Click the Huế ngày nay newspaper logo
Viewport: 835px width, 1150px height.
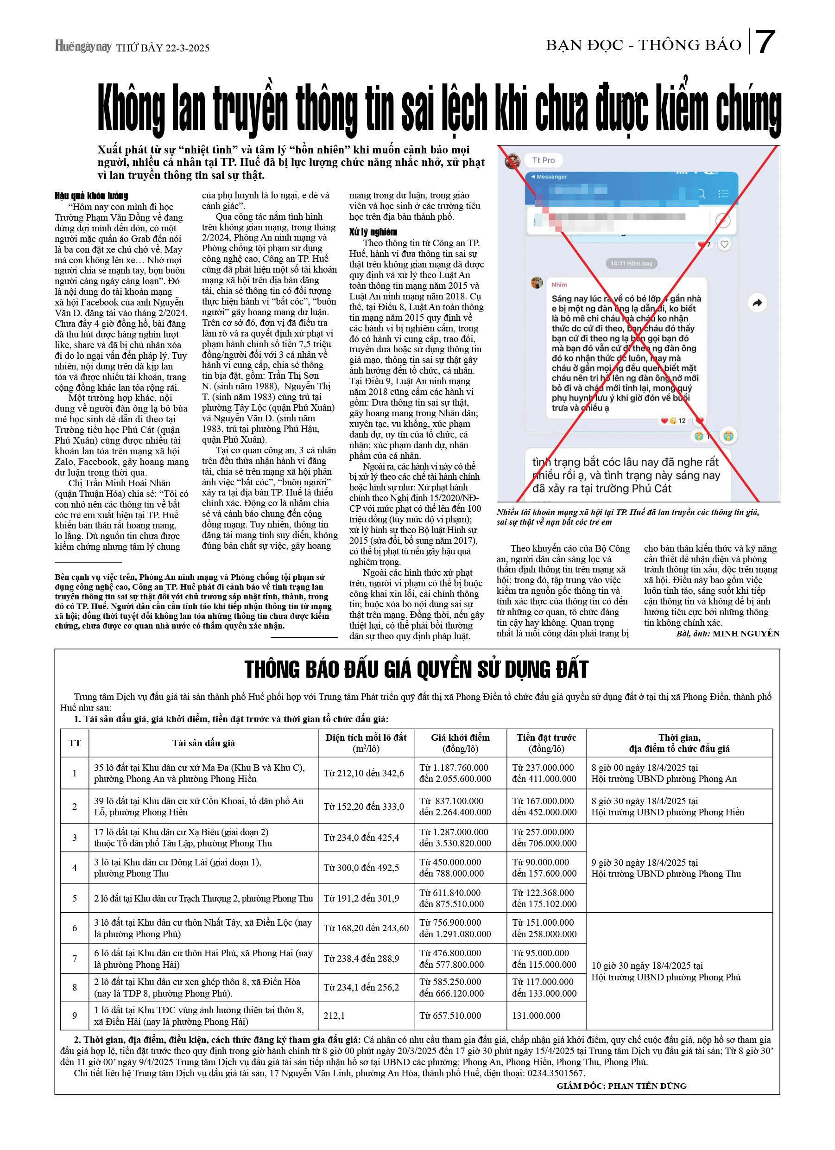click(83, 47)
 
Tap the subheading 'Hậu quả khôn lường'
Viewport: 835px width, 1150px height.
click(91, 196)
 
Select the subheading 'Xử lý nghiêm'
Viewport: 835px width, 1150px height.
click(373, 232)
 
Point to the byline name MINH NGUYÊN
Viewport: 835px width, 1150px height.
click(745, 633)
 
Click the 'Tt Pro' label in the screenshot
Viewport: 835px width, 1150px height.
click(543, 160)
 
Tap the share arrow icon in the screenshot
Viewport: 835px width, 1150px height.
click(757, 303)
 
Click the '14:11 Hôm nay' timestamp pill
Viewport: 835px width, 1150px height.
click(631, 263)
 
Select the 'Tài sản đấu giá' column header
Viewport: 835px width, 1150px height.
click(203, 743)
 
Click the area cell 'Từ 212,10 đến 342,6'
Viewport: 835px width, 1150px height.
click(363, 773)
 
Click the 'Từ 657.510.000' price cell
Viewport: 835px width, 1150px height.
click(450, 1016)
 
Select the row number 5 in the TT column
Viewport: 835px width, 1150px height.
click(75, 898)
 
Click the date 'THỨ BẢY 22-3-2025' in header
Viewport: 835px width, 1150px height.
click(162, 48)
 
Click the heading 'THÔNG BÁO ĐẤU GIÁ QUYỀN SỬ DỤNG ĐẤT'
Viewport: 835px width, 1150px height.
click(416, 669)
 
